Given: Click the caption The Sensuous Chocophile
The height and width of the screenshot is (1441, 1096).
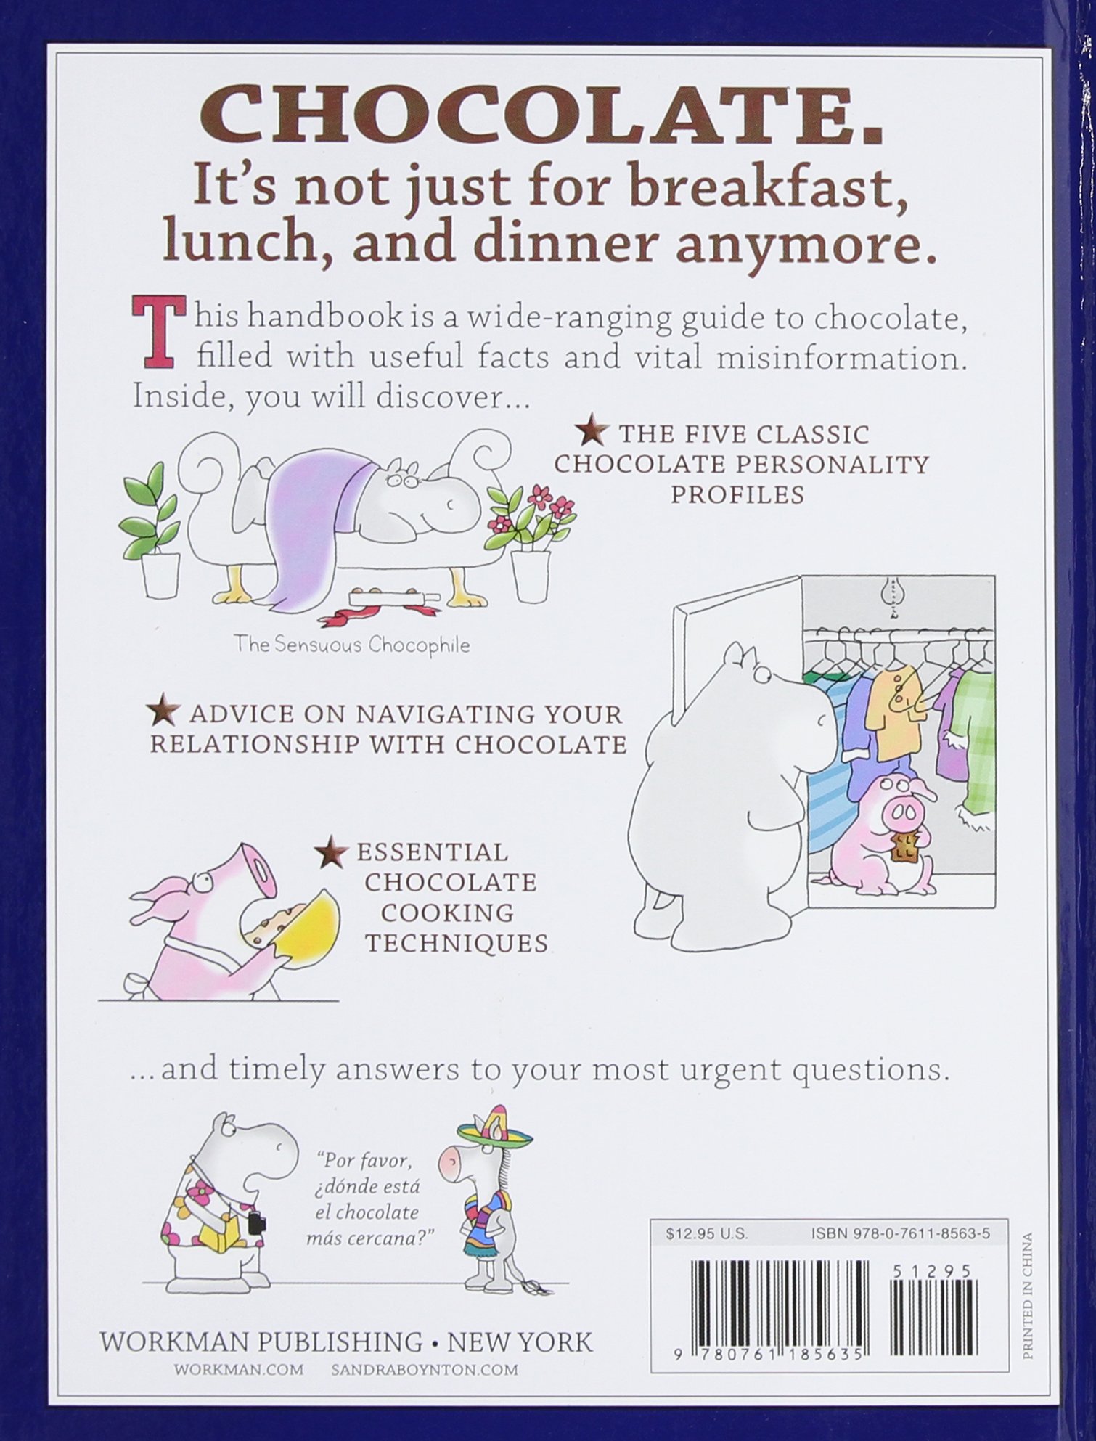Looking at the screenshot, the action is (x=351, y=644).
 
